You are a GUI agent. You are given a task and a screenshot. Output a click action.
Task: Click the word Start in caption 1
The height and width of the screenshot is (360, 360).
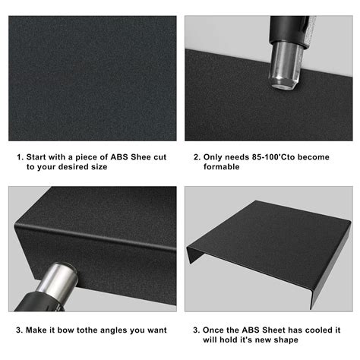[x=38, y=157]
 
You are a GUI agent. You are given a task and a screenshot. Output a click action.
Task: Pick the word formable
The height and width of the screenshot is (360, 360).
[x=221, y=167]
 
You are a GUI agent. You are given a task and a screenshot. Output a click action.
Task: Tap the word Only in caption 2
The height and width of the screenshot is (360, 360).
[x=213, y=157]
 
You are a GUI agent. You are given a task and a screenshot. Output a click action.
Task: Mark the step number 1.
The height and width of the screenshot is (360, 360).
[x=20, y=157]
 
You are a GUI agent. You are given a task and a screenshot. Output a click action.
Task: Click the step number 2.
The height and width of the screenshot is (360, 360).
[x=196, y=157]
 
